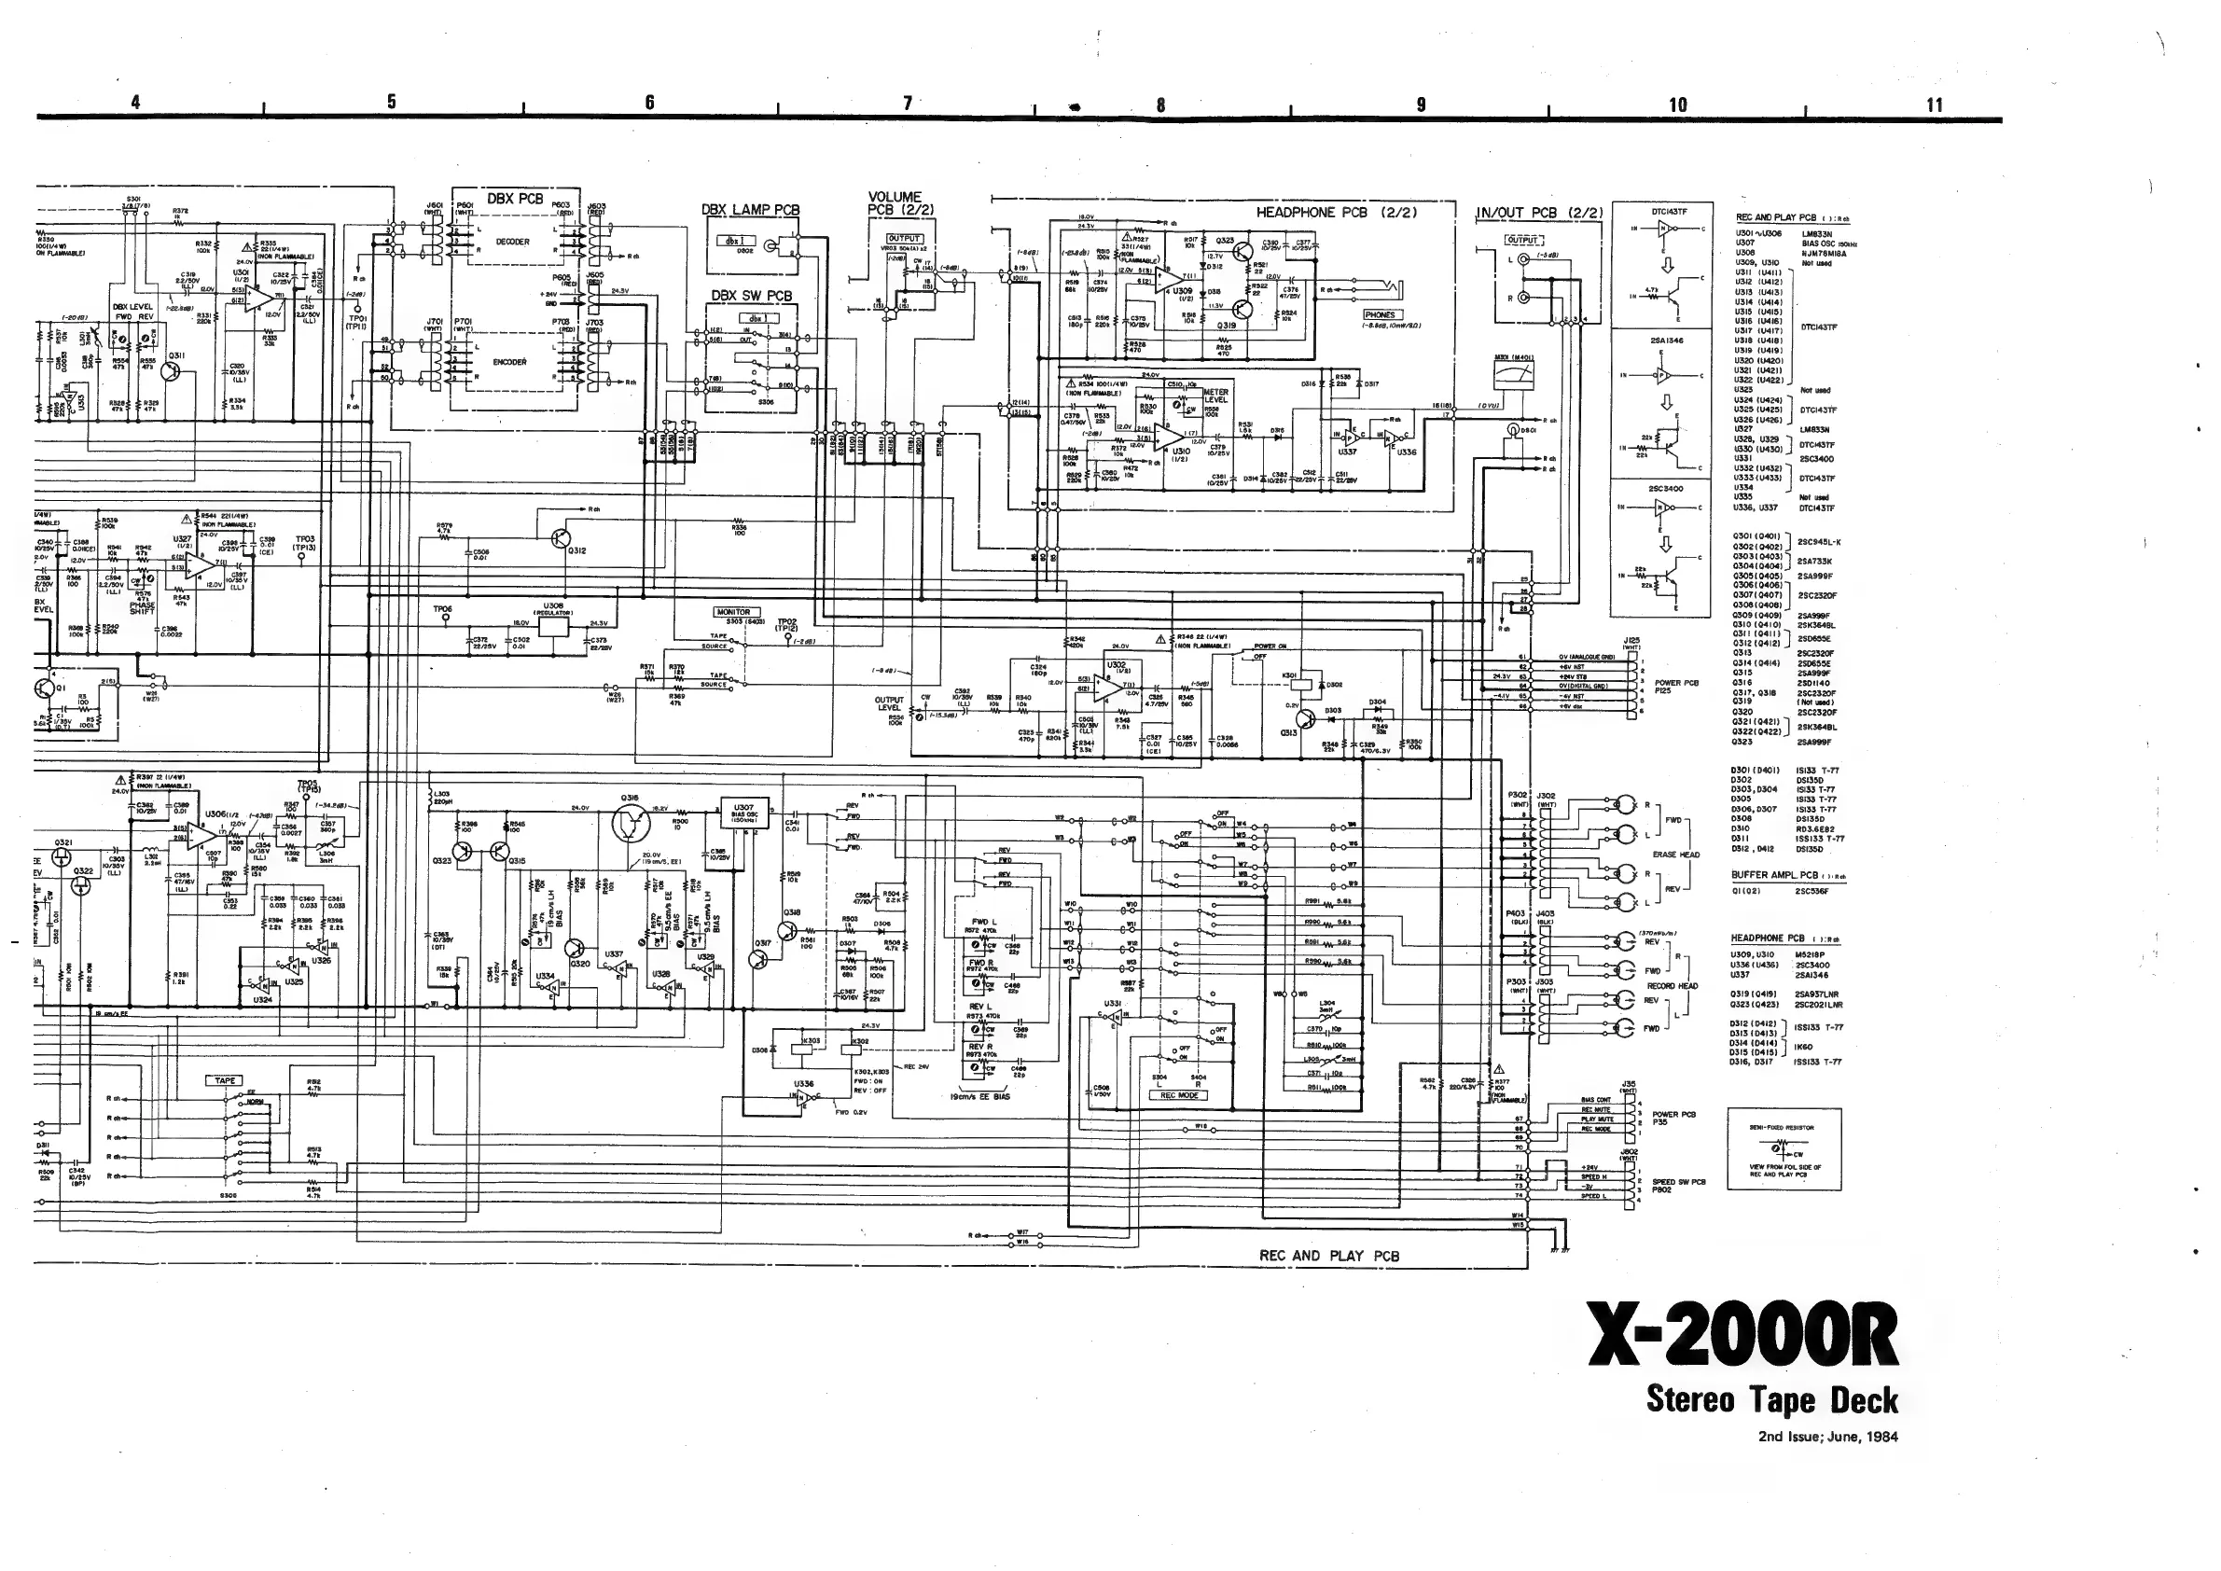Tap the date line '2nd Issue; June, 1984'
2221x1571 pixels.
click(1827, 1437)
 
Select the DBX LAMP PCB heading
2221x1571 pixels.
click(750, 210)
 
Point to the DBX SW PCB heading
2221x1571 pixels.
click(752, 295)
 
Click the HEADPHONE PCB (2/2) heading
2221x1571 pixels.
click(1322, 212)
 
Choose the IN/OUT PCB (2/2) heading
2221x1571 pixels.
click(1539, 213)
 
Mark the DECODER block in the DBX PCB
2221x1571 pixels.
click(513, 242)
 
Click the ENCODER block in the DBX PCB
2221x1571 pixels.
click(510, 362)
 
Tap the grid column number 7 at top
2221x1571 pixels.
click(908, 103)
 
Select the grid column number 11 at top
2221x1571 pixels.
click(1934, 104)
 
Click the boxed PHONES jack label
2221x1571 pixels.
click(1381, 315)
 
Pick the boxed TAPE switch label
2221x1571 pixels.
click(225, 1080)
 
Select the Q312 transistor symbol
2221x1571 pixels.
click(560, 539)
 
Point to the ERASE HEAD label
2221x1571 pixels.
click(1676, 855)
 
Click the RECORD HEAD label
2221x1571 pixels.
click(1673, 986)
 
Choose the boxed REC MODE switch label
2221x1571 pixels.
click(1179, 1095)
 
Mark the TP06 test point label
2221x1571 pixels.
click(442, 608)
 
